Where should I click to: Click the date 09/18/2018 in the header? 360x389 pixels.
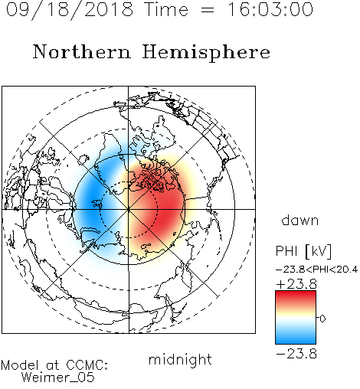point(70,10)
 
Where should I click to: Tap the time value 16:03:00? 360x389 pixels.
point(270,9)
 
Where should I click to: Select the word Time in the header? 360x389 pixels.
point(166,9)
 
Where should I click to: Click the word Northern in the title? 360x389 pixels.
point(82,51)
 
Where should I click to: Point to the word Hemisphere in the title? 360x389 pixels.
point(206,53)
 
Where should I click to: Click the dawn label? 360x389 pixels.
point(300,220)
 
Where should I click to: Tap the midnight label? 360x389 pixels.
point(180,359)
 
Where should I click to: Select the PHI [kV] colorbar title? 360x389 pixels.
point(303,251)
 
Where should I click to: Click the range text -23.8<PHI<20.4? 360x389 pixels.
point(316,270)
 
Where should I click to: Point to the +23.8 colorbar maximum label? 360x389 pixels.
point(296,284)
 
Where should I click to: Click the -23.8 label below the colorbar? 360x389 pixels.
point(296,354)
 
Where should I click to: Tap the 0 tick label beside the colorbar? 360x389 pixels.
point(322,319)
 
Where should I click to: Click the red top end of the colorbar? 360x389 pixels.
point(296,293)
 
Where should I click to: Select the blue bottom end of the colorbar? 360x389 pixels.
point(296,341)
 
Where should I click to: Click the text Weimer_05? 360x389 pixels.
point(58,378)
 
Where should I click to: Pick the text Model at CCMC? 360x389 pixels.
point(54,365)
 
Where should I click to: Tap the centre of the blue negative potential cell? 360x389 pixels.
point(93,201)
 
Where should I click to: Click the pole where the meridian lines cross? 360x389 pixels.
point(129,209)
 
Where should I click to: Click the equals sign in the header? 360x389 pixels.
point(208,11)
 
